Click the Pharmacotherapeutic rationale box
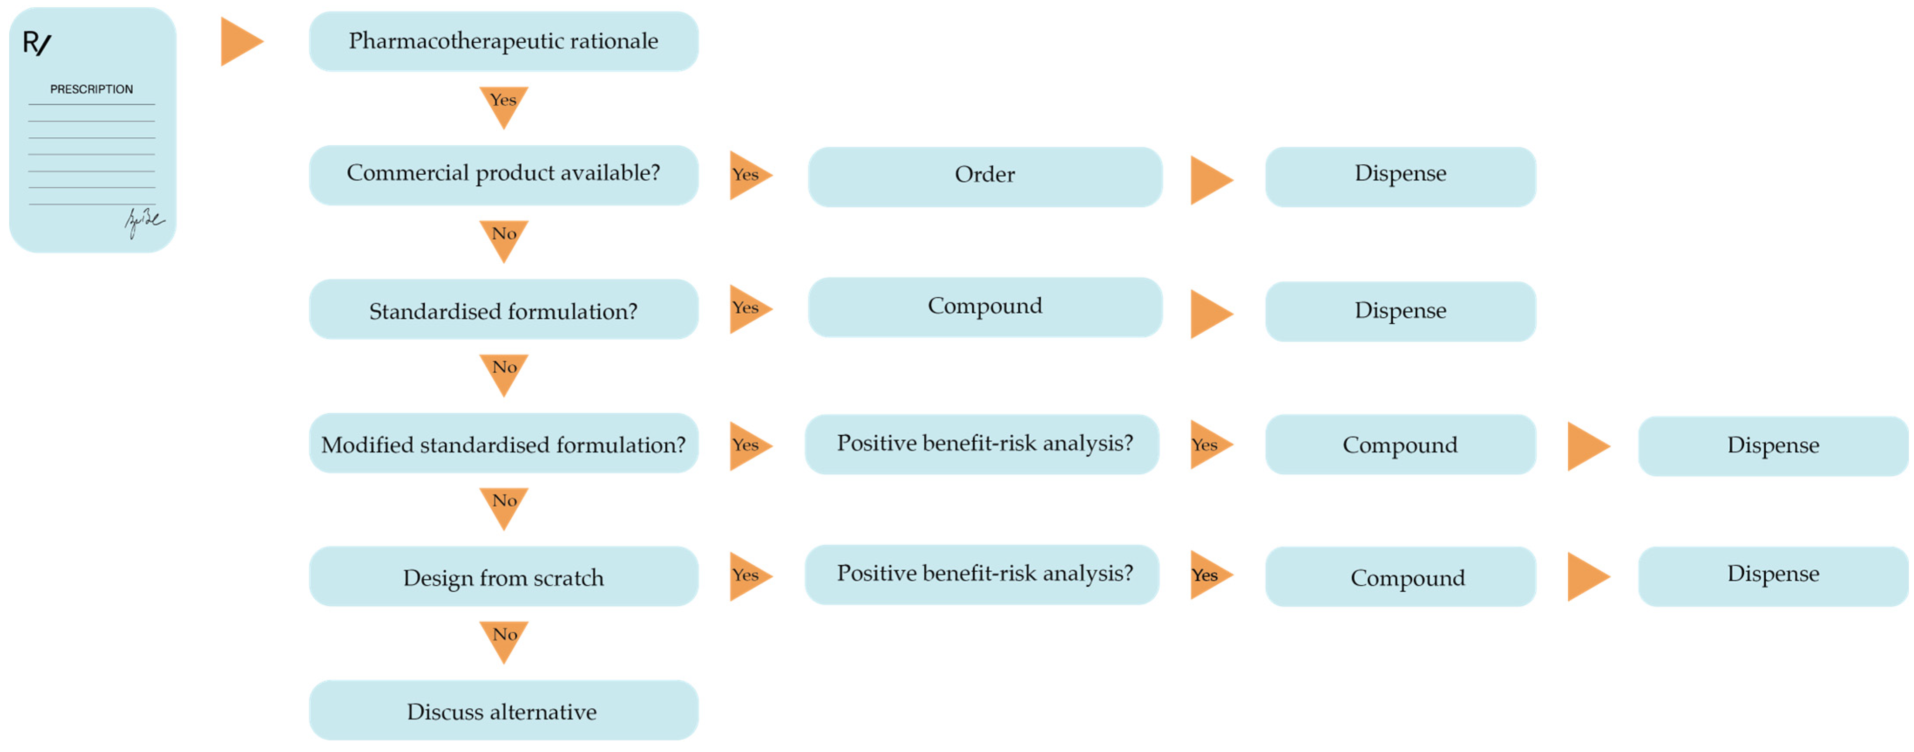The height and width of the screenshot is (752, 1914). point(503,41)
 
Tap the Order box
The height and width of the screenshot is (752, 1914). point(984,176)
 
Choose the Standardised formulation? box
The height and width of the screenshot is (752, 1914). point(503,309)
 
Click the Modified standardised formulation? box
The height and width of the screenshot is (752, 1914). point(503,444)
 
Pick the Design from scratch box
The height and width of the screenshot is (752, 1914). point(503,576)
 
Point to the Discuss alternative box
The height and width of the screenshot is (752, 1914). point(503,710)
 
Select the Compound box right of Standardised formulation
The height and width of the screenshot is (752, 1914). point(984,307)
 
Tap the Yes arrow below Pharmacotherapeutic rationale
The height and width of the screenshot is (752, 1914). point(503,104)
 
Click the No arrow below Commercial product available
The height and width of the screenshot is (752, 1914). point(503,238)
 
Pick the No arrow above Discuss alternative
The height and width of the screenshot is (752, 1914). point(503,638)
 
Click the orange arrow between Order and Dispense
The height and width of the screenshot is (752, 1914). point(1209,180)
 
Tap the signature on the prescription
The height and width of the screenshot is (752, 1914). point(143,221)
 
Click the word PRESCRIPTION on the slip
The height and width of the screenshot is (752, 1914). point(91,89)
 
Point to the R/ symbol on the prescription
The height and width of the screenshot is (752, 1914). point(37,43)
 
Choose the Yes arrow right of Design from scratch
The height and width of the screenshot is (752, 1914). point(747,576)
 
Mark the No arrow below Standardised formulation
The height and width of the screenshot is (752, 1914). point(503,372)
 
